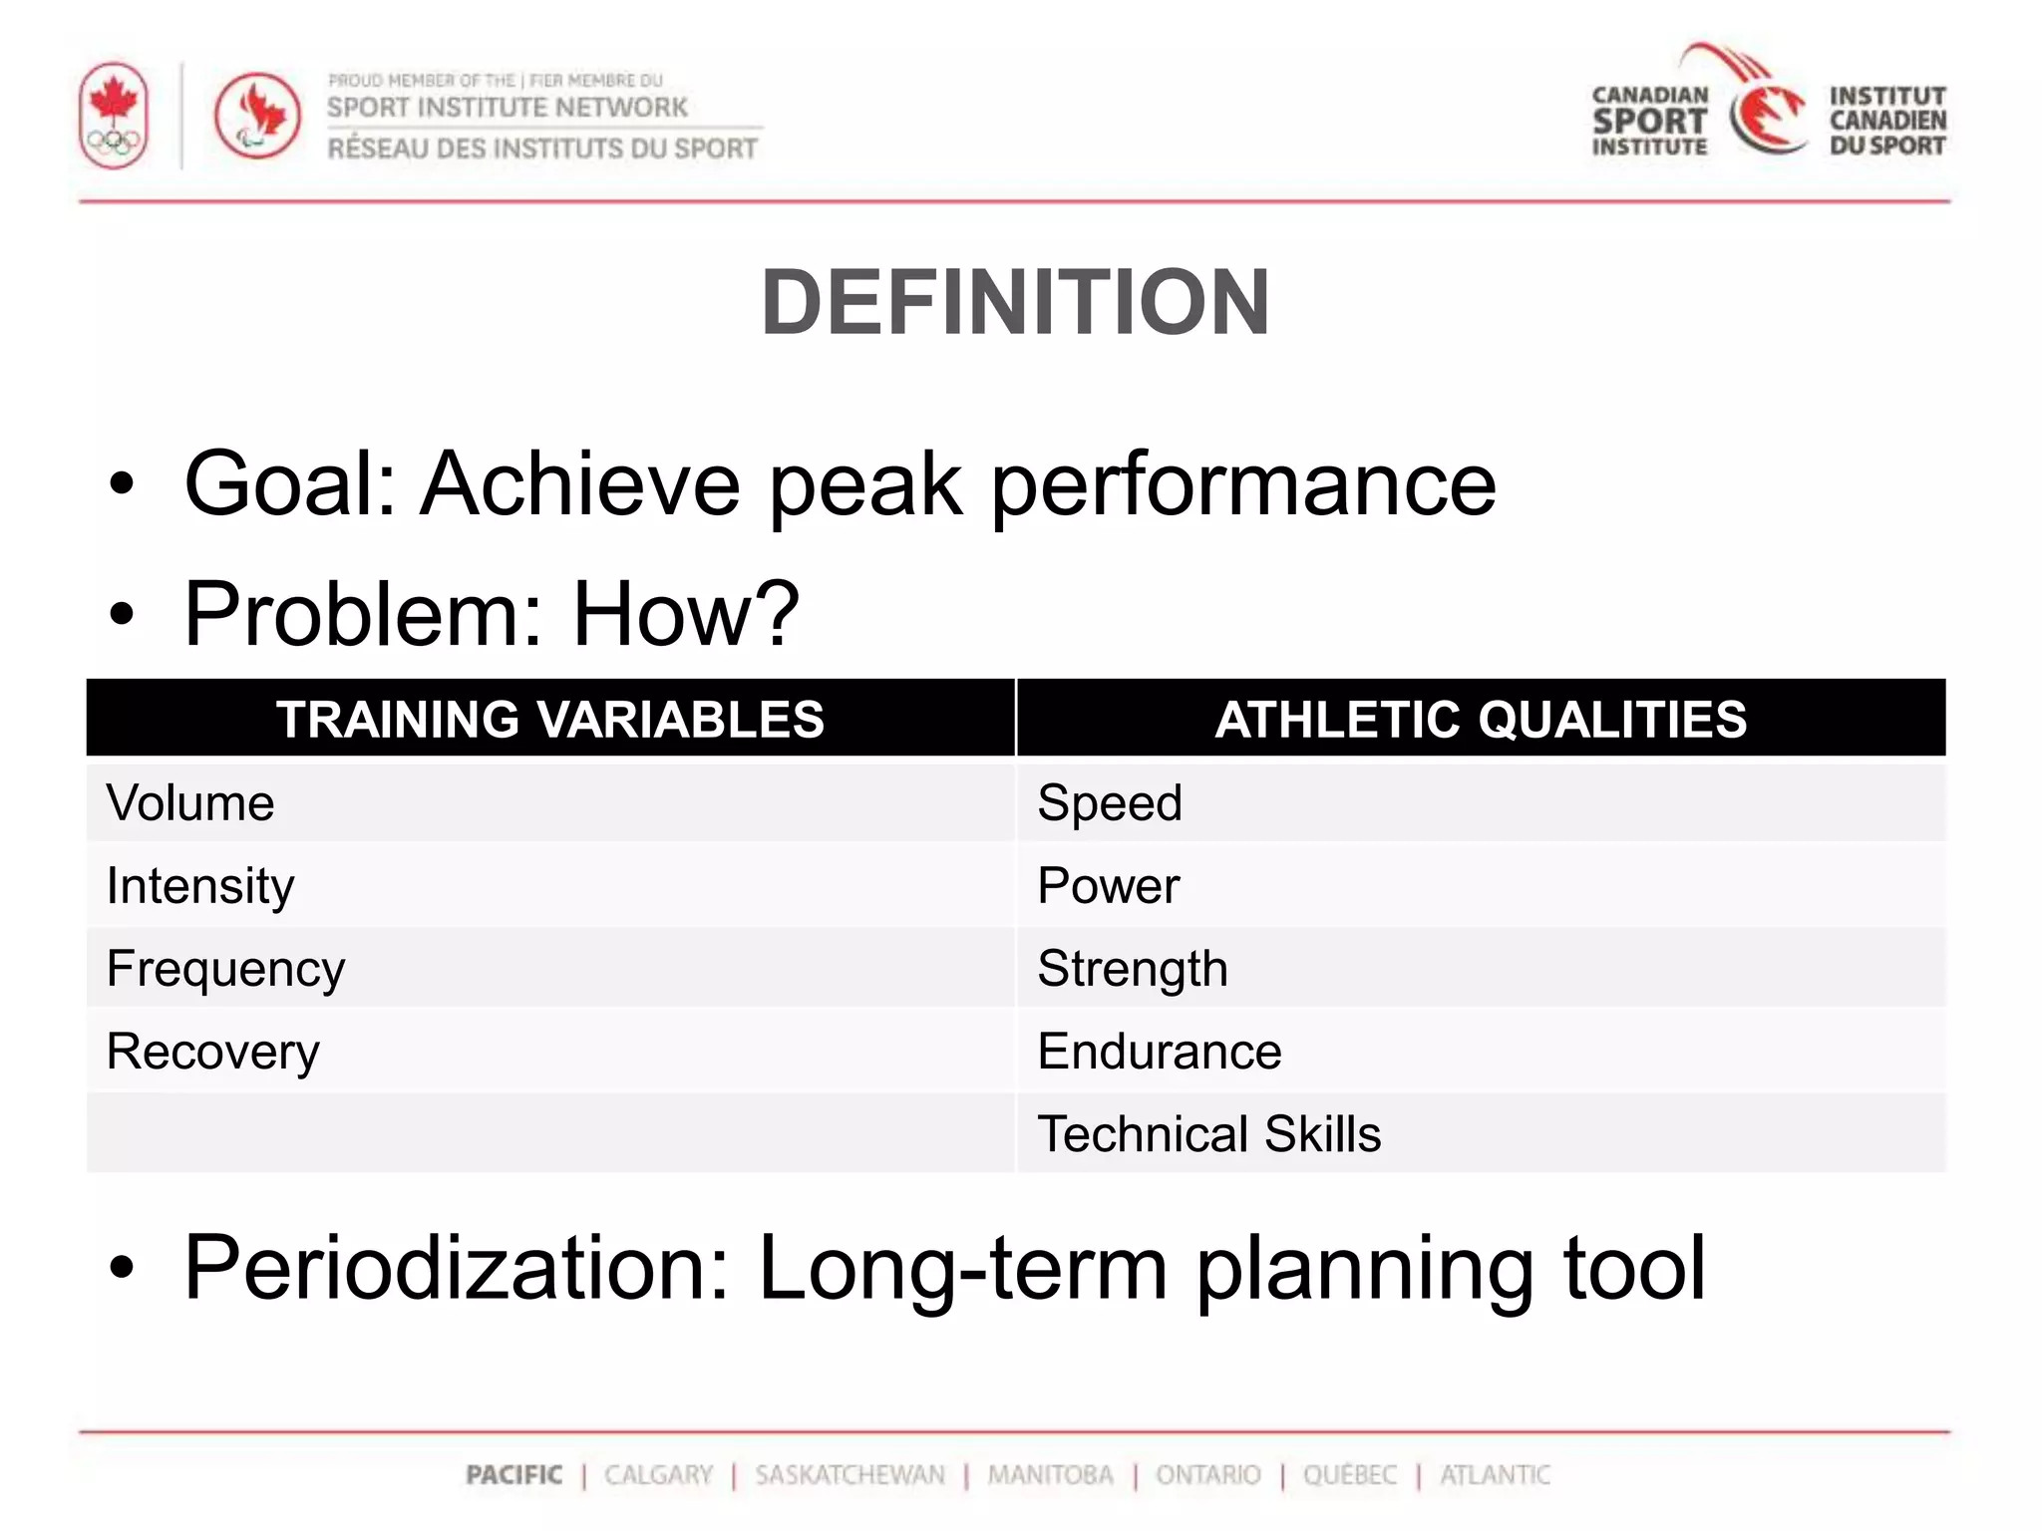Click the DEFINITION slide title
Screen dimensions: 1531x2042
[x=1015, y=303]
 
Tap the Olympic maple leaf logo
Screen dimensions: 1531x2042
[x=114, y=116]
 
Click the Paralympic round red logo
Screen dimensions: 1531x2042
[x=257, y=116]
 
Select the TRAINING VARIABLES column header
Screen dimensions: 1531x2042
[x=550, y=719]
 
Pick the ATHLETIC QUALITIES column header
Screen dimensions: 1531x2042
[x=1481, y=719]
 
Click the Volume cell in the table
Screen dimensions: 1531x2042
[x=190, y=802]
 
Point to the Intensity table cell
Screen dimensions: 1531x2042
[x=200, y=885]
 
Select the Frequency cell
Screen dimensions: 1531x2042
[x=225, y=969]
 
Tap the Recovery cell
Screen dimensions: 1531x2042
[x=213, y=1052]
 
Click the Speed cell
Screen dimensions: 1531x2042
[x=1110, y=802]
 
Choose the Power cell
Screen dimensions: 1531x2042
[x=1108, y=885]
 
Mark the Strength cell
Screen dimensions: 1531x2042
[x=1133, y=969]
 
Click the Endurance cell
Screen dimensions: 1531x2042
[x=1160, y=1052]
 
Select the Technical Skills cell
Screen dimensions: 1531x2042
[x=1209, y=1134]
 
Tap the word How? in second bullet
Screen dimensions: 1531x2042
[x=685, y=614]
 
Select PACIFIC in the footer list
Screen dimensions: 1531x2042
[x=514, y=1474]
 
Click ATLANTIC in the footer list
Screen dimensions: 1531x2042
[x=1495, y=1474]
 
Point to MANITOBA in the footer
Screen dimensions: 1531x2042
[x=1050, y=1474]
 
